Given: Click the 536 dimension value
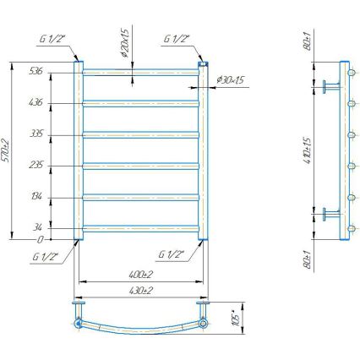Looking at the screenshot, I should (x=59, y=70).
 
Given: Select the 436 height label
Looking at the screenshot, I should (x=59, y=102).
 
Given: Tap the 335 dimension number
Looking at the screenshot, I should (x=59, y=134).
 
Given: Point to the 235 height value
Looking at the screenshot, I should (x=59, y=166).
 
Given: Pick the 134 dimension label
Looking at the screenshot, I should (x=59, y=197).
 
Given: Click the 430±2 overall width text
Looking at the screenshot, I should (x=140, y=290).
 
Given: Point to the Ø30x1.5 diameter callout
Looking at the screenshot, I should (x=230, y=80).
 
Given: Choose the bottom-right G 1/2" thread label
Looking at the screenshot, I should (x=172, y=253).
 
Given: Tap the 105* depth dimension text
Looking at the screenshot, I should (x=237, y=318).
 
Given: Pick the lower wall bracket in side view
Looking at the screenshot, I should (x=330, y=212).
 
